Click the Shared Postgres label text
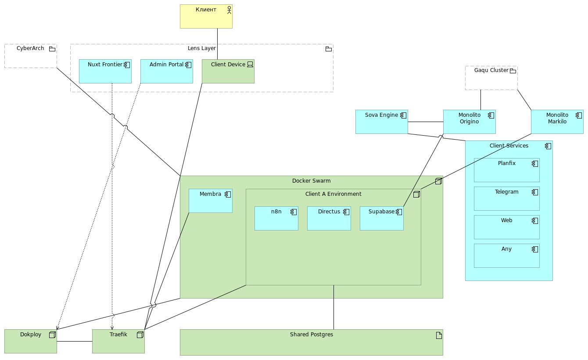click(x=311, y=335)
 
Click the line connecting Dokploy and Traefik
click(x=75, y=341)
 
